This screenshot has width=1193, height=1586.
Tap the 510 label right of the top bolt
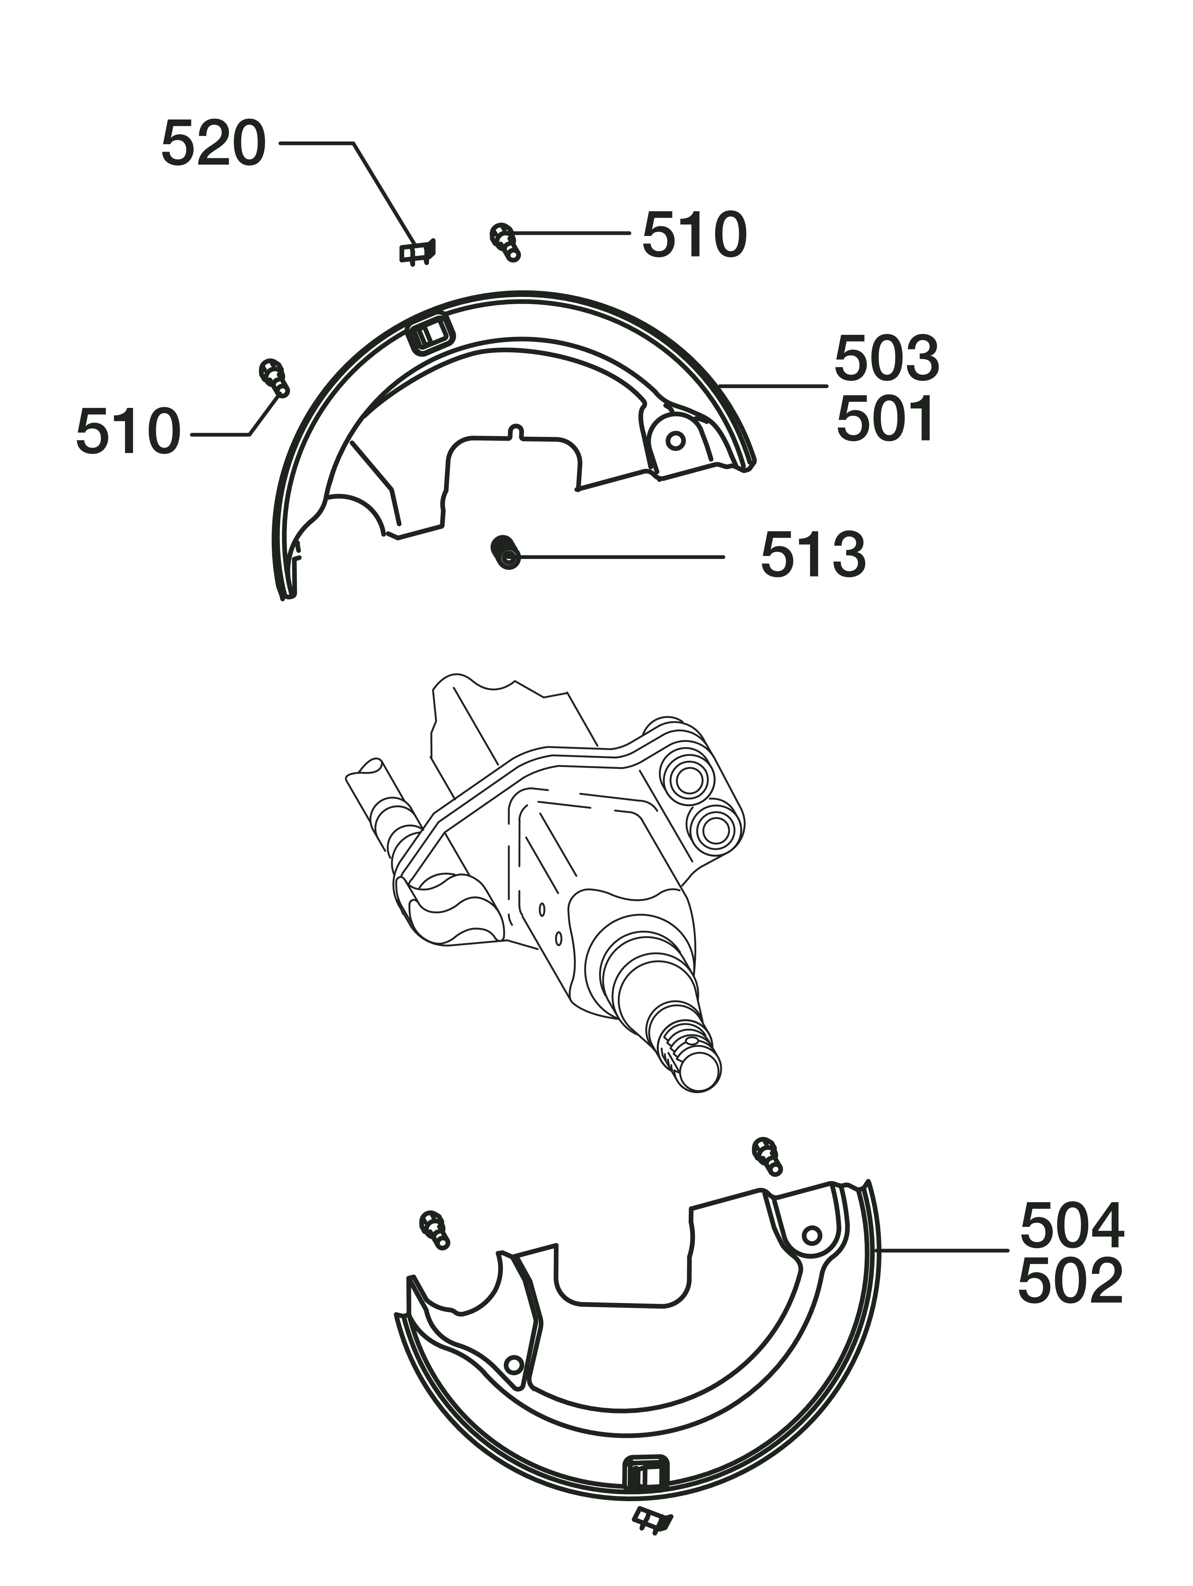point(694,234)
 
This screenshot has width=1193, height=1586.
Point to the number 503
point(886,358)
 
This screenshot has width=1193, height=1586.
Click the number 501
point(886,419)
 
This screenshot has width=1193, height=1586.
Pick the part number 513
point(813,554)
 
